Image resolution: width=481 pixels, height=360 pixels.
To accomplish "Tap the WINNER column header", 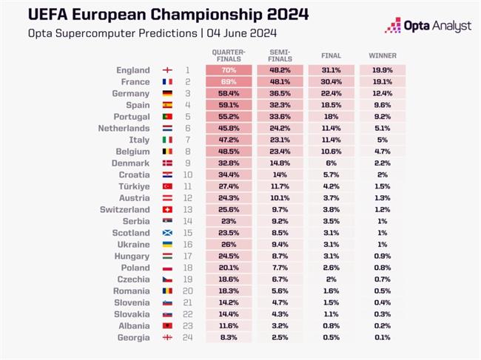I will pos(382,56).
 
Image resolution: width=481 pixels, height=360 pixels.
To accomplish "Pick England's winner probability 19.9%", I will pos(382,70).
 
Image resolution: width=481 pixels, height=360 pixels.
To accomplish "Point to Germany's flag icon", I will pos(166,94).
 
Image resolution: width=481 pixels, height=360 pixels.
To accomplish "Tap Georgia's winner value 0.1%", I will pos(382,337).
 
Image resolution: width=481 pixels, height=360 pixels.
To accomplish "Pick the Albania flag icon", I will pos(166,325).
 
